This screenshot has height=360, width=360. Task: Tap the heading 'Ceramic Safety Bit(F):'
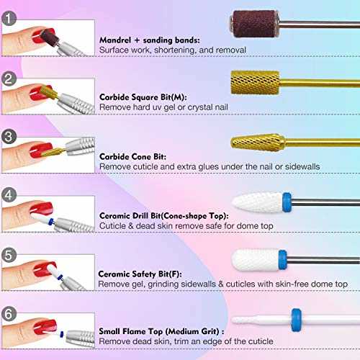[x=144, y=274]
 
